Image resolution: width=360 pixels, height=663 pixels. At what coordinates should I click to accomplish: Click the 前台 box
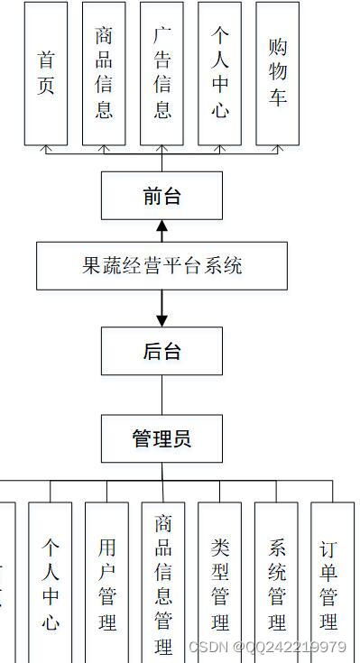162,196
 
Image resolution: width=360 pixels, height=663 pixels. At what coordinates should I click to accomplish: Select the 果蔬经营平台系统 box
162,265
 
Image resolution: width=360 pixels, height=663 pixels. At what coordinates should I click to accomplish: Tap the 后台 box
162,351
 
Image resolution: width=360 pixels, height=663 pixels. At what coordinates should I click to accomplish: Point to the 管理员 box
162,439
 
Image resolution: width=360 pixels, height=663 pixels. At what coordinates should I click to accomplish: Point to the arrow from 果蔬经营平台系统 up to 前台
162,231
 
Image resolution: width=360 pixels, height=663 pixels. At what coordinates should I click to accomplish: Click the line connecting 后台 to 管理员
162,394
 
